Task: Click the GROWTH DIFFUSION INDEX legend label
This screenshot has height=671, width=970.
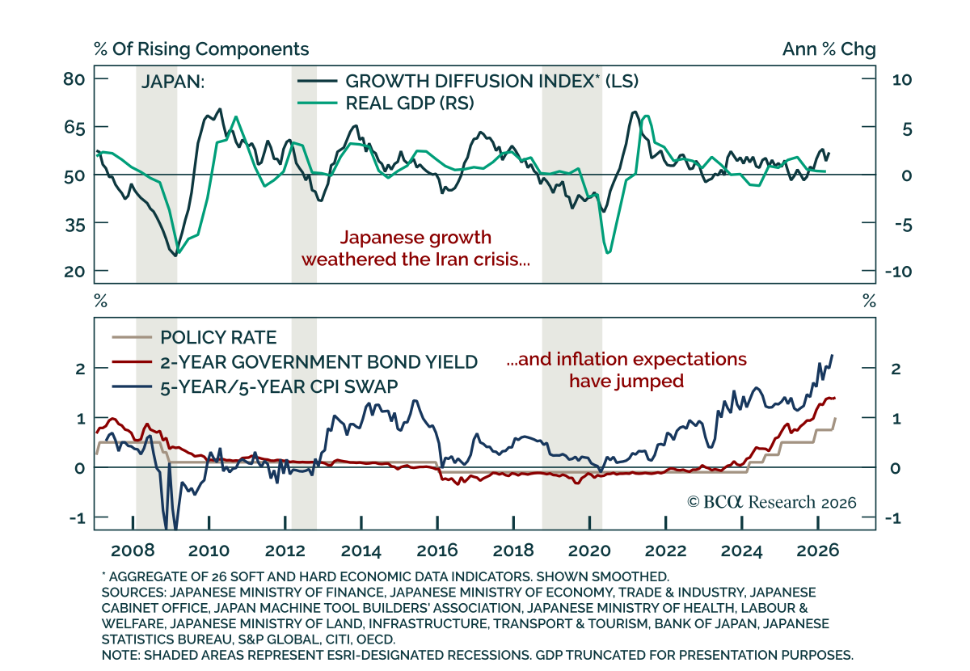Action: click(491, 81)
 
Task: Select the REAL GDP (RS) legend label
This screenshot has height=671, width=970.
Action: click(410, 103)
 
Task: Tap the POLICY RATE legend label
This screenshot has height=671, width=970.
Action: click(218, 337)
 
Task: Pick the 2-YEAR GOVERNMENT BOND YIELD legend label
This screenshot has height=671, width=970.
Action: click(318, 361)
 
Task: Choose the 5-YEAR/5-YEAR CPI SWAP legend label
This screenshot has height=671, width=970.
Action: click(279, 386)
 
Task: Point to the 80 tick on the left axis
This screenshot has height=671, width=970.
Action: click(74, 79)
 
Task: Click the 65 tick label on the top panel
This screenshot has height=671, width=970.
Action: click(74, 128)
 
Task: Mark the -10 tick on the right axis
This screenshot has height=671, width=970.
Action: click(898, 272)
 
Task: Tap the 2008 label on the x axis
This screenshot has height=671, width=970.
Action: click(133, 551)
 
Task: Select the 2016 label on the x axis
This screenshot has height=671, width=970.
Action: click(437, 551)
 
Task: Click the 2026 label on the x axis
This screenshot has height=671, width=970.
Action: click(817, 551)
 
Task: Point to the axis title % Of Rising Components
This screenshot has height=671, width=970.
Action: click(201, 49)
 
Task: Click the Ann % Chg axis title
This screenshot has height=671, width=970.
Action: click(829, 49)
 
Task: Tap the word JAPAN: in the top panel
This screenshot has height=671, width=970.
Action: click(173, 82)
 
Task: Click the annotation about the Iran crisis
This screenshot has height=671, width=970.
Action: click(415, 248)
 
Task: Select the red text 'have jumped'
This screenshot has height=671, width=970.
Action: click(626, 382)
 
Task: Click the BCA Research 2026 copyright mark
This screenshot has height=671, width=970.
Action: click(772, 501)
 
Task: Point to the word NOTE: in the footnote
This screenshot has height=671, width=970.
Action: click(120, 655)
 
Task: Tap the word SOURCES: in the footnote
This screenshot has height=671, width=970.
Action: click(134, 592)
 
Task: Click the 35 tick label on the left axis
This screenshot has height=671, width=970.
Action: click(74, 225)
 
